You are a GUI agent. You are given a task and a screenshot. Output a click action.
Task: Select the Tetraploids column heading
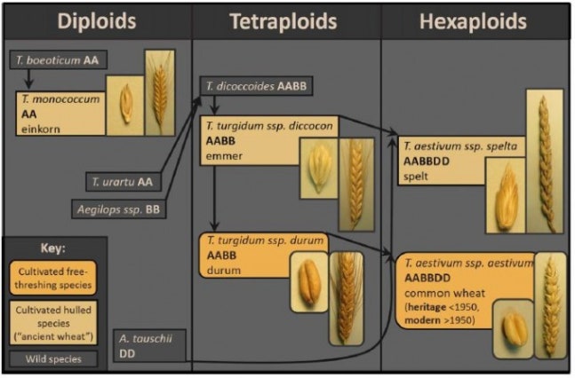[x=286, y=20]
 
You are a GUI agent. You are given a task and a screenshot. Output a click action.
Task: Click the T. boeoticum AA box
[x=54, y=62]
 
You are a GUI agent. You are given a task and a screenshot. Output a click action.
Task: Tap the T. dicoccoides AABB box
[x=255, y=87]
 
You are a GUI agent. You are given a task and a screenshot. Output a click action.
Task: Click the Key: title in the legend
[x=55, y=249]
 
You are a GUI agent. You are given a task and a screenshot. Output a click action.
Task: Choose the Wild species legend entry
[x=55, y=359]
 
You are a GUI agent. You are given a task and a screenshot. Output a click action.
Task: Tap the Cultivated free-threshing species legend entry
[x=55, y=278]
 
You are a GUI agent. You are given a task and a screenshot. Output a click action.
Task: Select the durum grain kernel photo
[x=308, y=281]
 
